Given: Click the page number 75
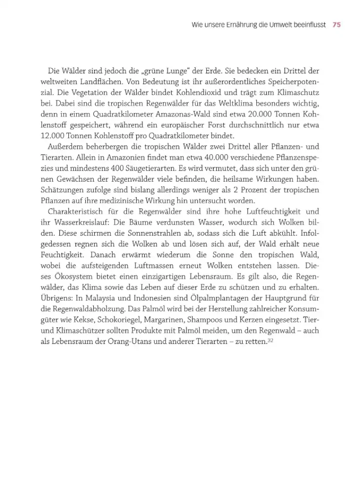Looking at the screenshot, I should (x=336, y=25).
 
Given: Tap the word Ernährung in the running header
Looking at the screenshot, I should (x=241, y=25).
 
